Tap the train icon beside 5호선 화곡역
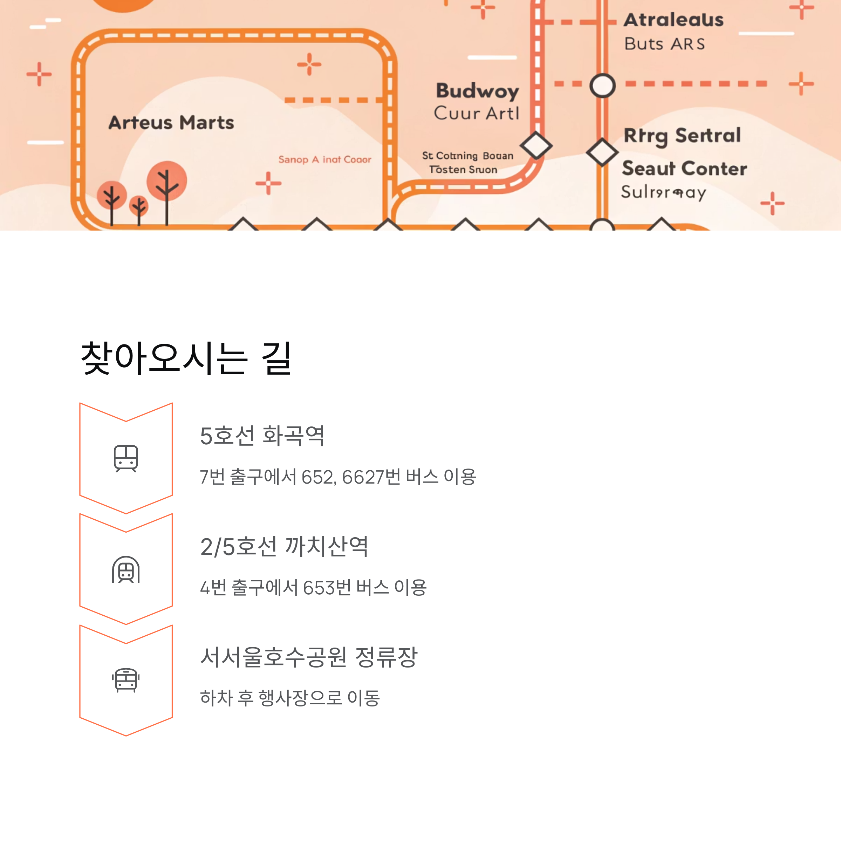point(126,458)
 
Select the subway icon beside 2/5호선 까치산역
point(126,569)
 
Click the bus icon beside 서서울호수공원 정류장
point(126,680)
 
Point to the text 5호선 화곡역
point(262,436)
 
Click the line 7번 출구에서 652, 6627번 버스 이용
point(338,477)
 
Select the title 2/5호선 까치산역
point(284,547)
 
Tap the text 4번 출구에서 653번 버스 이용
point(313,588)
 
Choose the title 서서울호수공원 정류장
point(309,657)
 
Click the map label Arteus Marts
point(171,123)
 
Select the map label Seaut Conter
point(684,169)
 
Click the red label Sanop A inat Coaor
point(325,160)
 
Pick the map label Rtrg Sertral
point(682,135)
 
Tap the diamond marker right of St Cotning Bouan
point(536,145)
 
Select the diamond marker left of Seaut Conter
point(602,152)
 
